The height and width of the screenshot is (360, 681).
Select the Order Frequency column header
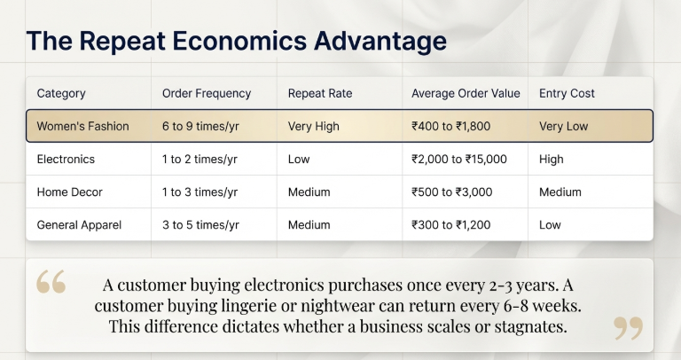(207, 93)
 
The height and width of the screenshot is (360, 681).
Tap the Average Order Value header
(466, 93)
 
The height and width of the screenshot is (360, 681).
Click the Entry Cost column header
(567, 93)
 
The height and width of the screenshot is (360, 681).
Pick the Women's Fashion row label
(82, 126)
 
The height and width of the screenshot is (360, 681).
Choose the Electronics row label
(66, 160)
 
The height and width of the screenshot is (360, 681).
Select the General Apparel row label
(80, 225)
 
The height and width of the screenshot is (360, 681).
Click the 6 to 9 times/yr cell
(201, 126)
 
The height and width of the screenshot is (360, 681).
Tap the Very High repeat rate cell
(314, 126)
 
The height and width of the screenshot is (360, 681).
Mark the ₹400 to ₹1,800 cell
(458, 126)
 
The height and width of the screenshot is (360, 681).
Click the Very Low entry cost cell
(564, 126)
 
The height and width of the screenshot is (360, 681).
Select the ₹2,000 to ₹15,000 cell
(459, 160)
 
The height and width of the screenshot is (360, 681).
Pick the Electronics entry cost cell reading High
(552, 160)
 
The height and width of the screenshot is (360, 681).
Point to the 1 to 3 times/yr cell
(200, 192)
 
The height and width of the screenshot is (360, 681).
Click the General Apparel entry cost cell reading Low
(550, 225)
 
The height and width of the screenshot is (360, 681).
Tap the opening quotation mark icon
(51, 283)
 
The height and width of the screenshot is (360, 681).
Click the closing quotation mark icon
(628, 328)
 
